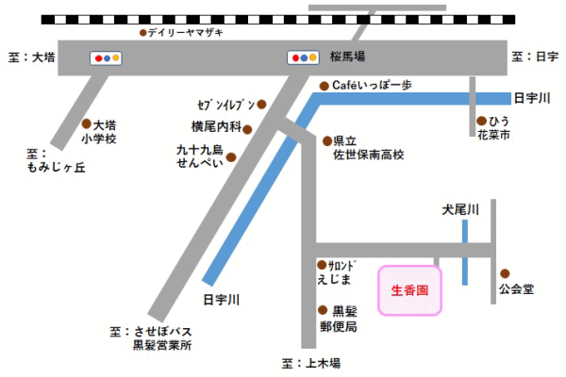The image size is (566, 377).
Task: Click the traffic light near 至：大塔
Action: pyautogui.click(x=105, y=57)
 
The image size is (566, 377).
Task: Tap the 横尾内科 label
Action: pyautogui.click(x=217, y=125)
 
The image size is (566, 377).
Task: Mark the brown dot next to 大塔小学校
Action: pyautogui.click(x=87, y=124)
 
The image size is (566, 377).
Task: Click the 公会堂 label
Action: pyautogui.click(x=516, y=289)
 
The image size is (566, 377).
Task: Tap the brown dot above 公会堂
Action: pyautogui.click(x=505, y=272)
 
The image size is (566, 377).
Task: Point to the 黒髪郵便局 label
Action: pyautogui.click(x=339, y=319)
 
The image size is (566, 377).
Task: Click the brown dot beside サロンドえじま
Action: pyautogui.click(x=322, y=264)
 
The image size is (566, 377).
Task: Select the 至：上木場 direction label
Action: pyautogui.click(x=310, y=363)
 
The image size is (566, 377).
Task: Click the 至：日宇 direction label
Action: pyautogui.click(x=535, y=57)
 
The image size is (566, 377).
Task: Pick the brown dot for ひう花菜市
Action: pyautogui.click(x=480, y=122)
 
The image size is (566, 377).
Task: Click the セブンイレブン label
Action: pyautogui.click(x=226, y=104)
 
